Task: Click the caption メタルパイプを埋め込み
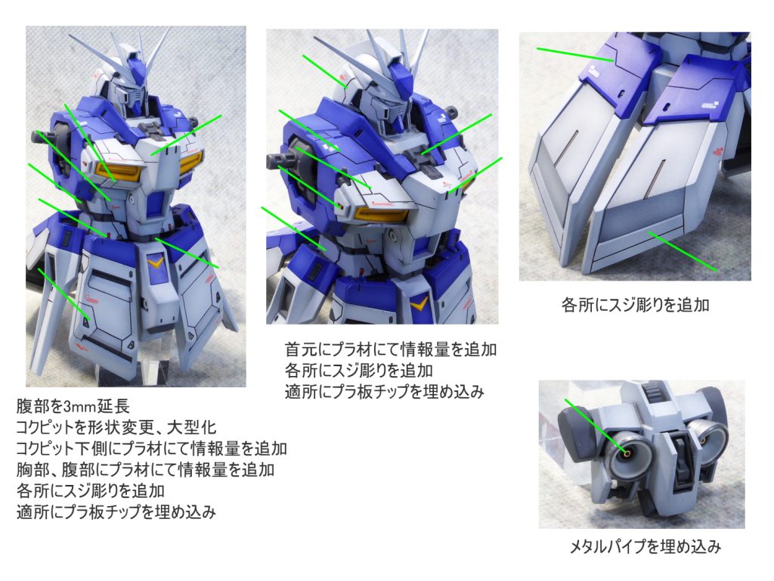[646, 547]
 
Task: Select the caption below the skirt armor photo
[635, 305]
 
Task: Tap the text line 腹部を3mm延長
[73, 406]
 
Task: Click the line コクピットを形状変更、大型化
[116, 427]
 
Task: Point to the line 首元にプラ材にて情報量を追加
[391, 350]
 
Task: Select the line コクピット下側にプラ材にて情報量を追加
[151, 449]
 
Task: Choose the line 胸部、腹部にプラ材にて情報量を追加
[145, 470]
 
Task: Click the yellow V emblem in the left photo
[156, 261]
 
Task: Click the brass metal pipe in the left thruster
[627, 452]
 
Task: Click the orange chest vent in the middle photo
[381, 214]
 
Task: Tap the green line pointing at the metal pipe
[596, 425]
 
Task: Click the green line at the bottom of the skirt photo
[682, 251]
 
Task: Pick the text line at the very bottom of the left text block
[116, 512]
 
